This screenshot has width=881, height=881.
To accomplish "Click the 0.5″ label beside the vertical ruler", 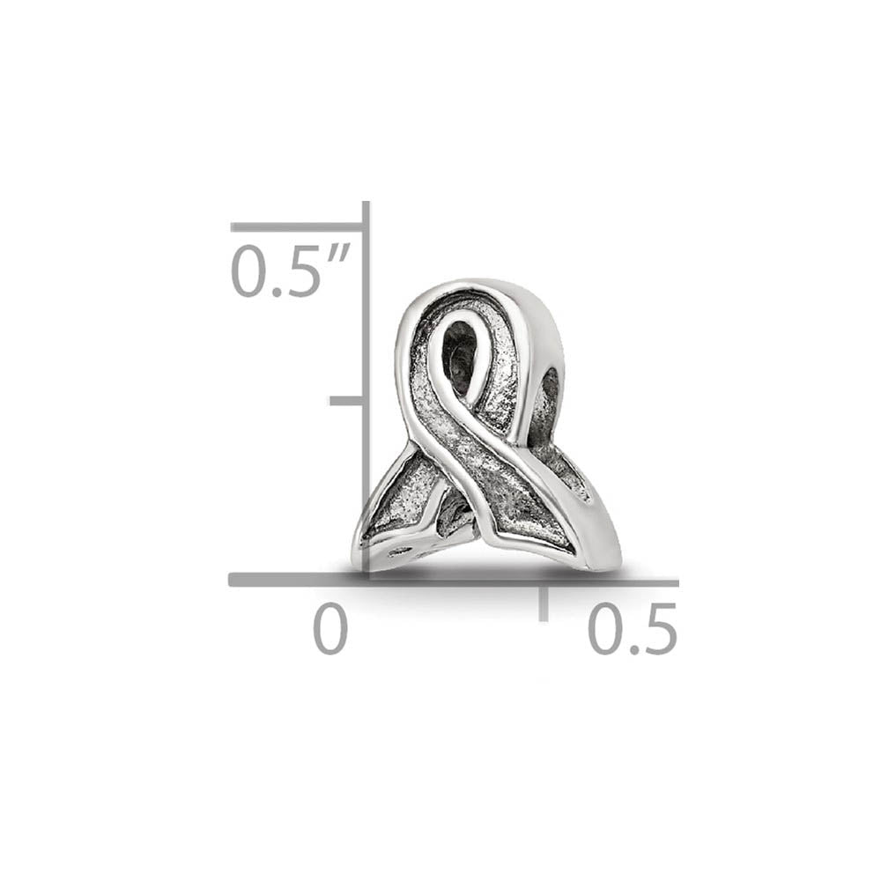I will click(x=291, y=271).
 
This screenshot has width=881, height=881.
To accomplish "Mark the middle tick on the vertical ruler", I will click(x=347, y=401).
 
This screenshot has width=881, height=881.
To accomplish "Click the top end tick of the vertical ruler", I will click(x=298, y=227).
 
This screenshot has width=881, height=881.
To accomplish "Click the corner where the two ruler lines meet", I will click(x=366, y=580).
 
